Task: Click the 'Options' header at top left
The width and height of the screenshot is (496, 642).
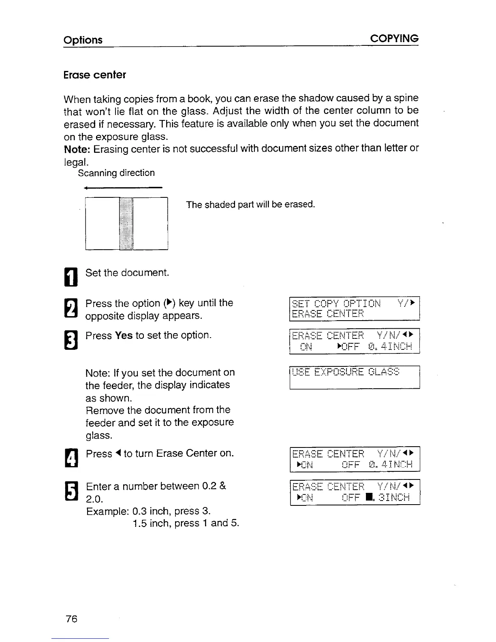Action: (83, 40)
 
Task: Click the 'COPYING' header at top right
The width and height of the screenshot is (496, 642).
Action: (394, 39)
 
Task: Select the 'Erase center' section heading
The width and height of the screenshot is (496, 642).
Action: (95, 75)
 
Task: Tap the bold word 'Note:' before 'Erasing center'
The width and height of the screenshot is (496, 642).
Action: (77, 149)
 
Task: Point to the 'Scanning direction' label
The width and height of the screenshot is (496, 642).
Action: (116, 173)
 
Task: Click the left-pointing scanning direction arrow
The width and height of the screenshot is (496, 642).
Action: (122, 188)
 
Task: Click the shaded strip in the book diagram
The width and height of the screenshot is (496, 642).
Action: (126, 223)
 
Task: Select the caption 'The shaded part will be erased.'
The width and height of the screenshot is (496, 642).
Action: (250, 205)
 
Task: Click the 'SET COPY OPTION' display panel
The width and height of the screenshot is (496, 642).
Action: (354, 309)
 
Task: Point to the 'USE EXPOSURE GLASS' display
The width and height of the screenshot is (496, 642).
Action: (354, 377)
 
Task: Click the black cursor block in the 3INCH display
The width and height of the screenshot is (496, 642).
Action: (366, 497)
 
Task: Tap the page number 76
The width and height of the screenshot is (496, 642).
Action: (71, 618)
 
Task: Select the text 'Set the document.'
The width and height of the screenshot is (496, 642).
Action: (127, 273)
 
